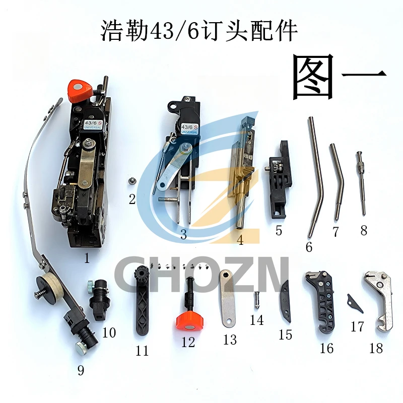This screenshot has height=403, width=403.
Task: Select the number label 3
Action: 183,234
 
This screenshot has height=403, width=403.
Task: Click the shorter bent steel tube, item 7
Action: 337,181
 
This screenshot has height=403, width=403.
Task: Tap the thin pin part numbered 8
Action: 362,181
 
